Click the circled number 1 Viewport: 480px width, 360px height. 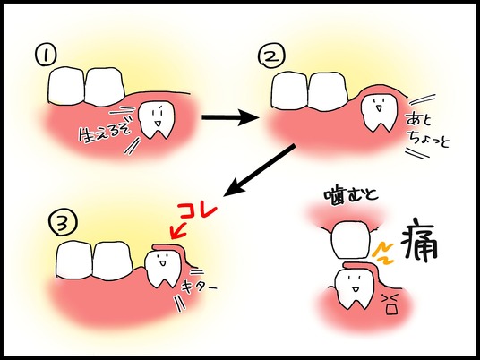46,56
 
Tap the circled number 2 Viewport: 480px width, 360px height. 271,56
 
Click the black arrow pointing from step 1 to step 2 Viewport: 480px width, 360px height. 229,117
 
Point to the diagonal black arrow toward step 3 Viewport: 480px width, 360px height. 260,170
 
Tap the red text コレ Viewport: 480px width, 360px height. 198,210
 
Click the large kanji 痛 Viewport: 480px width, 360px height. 419,241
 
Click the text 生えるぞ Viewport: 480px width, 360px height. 104,133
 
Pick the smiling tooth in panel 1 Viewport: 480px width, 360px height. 156,119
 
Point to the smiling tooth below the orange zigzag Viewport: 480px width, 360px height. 354,287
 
